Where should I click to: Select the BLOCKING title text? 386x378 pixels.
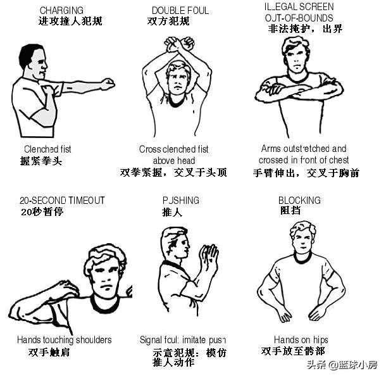point(299,200)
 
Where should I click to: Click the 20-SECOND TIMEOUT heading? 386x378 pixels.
point(61,200)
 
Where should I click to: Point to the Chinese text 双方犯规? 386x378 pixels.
point(168,22)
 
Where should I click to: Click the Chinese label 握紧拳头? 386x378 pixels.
point(41,161)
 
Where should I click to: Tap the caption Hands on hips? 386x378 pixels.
point(301,340)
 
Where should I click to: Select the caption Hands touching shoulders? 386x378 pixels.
point(64,340)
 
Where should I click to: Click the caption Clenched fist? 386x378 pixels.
point(47,149)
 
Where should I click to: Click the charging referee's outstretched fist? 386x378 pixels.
point(108,84)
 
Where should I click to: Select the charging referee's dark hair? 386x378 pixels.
point(29,54)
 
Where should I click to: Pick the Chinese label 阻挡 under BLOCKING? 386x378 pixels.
point(290,211)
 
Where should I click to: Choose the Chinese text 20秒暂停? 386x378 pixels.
point(42,211)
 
